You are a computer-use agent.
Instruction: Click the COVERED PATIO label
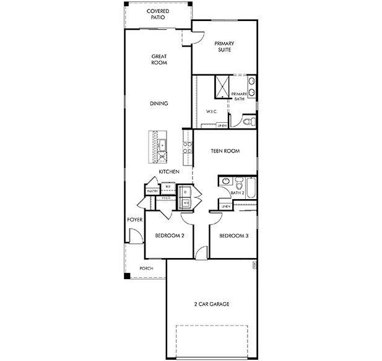click(x=158, y=14)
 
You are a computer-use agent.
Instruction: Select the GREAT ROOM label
click(x=159, y=60)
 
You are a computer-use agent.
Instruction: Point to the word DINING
click(x=159, y=104)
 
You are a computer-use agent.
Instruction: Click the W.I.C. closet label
click(x=211, y=112)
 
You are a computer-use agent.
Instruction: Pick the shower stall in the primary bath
click(x=222, y=87)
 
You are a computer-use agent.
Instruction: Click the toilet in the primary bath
click(x=246, y=120)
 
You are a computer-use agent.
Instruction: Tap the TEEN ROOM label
click(x=225, y=151)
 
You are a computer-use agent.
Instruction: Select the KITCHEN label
click(x=169, y=171)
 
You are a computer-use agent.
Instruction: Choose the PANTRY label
click(x=152, y=191)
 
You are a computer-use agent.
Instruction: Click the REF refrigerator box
click(x=168, y=186)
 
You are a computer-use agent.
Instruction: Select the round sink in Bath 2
click(x=225, y=182)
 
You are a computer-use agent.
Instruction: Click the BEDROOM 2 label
click(x=169, y=236)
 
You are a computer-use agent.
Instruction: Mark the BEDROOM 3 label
click(x=233, y=236)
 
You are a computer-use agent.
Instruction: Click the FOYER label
click(x=135, y=220)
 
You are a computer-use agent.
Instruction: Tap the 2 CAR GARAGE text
click(x=212, y=304)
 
